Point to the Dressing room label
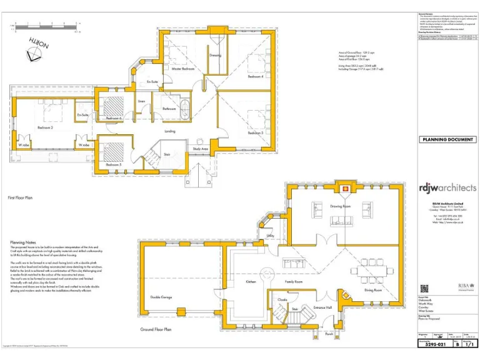coord(215,56)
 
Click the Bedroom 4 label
coord(255,77)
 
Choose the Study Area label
coord(200,149)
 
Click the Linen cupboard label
coord(141,101)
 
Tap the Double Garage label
coord(161,297)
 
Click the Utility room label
coord(271,236)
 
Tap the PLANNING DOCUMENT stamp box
coord(446,139)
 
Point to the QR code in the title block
coord(424,289)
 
